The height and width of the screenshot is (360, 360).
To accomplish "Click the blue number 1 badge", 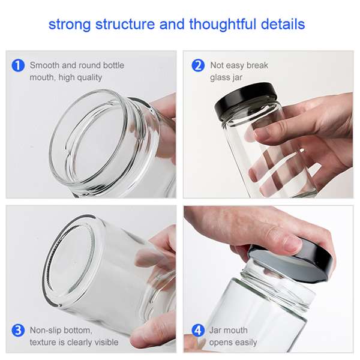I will tap(19, 65).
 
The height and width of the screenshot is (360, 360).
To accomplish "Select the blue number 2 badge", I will tap(198, 65).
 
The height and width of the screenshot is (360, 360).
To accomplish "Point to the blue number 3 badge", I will tap(19, 331).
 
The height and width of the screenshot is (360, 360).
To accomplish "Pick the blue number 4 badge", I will tap(198, 331).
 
